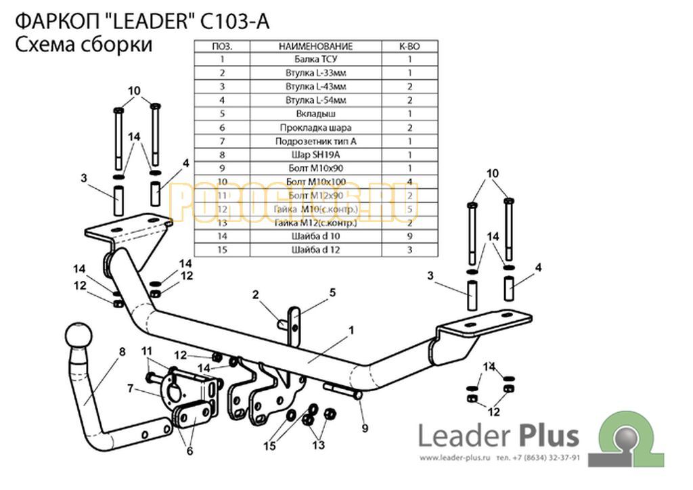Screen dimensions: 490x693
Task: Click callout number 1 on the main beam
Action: click(352, 330)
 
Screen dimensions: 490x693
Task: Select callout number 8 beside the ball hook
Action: click(122, 351)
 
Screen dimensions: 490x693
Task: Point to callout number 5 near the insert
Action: click(332, 292)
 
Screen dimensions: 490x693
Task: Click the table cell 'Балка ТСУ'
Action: click(315, 59)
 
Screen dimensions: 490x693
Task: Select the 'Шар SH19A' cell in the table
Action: click(315, 155)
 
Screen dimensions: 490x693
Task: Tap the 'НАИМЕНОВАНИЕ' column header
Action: click(315, 46)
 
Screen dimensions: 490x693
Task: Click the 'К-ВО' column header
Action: click(409, 46)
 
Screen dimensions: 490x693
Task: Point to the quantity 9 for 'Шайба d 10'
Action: click(409, 237)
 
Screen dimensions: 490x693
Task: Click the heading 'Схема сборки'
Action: click(83, 45)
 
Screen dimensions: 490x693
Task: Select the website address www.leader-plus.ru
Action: click(457, 458)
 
